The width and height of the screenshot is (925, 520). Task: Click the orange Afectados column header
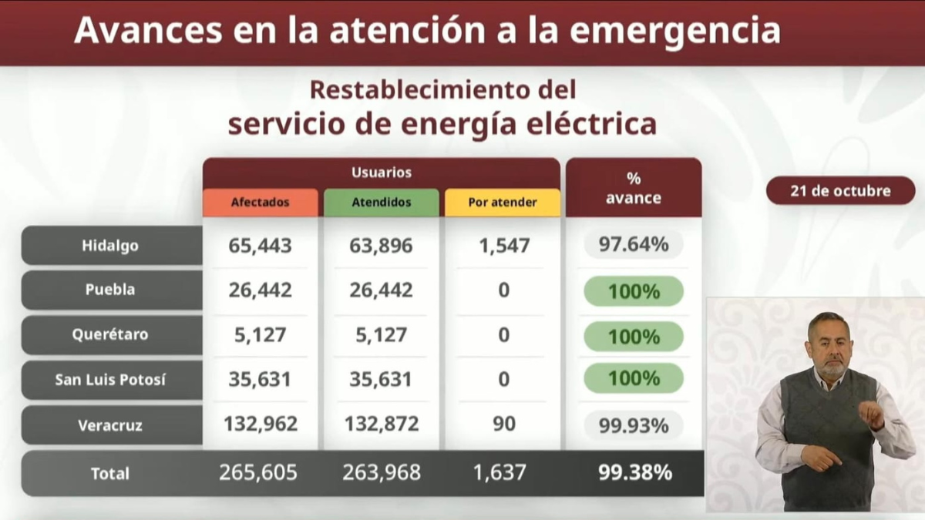(x=261, y=203)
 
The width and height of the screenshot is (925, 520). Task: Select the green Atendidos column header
(x=382, y=203)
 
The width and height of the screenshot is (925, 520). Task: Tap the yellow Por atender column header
(x=503, y=203)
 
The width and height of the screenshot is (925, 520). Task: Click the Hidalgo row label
(x=111, y=246)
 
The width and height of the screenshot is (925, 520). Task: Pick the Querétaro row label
(x=111, y=335)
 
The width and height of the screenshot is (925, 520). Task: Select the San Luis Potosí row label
(x=111, y=380)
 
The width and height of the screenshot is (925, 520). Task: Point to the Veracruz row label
(x=111, y=424)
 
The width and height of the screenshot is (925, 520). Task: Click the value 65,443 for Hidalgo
(x=261, y=246)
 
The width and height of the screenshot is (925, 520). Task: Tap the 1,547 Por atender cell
(x=503, y=246)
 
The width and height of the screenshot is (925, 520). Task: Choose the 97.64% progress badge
(x=634, y=245)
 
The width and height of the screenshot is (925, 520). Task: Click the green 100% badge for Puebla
(x=634, y=291)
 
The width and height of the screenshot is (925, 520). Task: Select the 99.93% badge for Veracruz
(x=634, y=424)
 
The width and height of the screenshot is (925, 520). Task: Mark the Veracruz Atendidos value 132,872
(x=382, y=423)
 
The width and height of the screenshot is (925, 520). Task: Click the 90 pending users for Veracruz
(x=503, y=423)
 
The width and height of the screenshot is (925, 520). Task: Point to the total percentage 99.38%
(x=634, y=472)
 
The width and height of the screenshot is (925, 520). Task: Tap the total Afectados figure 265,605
(x=258, y=472)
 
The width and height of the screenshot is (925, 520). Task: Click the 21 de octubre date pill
(x=840, y=190)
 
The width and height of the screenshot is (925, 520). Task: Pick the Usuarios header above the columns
(x=382, y=173)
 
